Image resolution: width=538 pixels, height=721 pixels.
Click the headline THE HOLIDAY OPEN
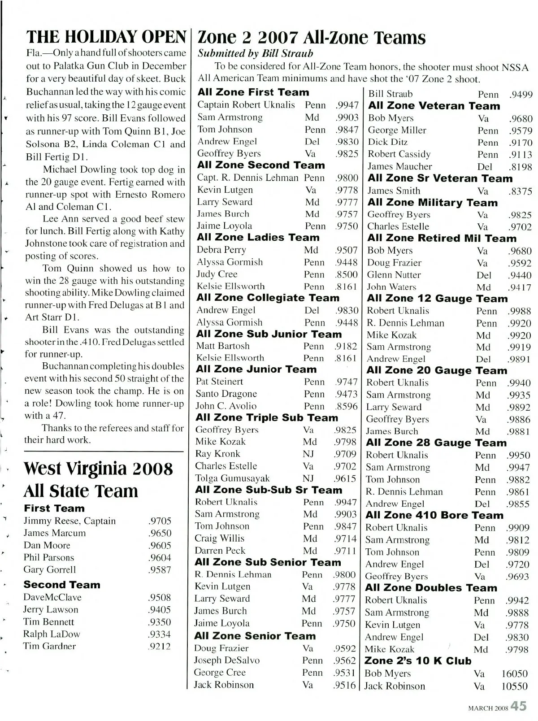click(106, 36)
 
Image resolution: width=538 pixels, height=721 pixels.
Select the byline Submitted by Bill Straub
click(256, 53)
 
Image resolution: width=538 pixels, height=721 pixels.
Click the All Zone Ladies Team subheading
click(258, 238)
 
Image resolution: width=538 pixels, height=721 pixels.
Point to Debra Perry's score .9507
click(347, 250)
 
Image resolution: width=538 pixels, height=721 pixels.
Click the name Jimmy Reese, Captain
click(69, 521)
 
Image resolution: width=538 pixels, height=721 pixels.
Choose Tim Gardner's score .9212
click(160, 647)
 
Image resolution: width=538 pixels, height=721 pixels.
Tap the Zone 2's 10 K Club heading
click(418, 661)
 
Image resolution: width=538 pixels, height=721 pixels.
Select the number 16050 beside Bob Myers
click(514, 674)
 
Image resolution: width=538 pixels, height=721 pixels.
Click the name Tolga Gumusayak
click(232, 478)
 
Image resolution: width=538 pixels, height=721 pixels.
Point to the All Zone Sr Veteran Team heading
click(440, 178)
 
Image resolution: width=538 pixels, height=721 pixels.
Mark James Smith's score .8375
click(520, 191)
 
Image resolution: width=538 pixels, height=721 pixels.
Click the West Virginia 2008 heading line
click(98, 469)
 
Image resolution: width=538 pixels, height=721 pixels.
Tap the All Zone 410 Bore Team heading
click(434, 516)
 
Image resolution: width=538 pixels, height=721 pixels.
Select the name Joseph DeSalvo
click(226, 660)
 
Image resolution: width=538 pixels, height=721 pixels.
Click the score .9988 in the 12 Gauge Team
click(519, 311)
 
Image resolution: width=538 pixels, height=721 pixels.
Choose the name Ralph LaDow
click(52, 634)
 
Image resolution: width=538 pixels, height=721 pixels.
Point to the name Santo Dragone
click(226, 394)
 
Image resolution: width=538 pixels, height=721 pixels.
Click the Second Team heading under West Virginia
click(62, 585)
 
